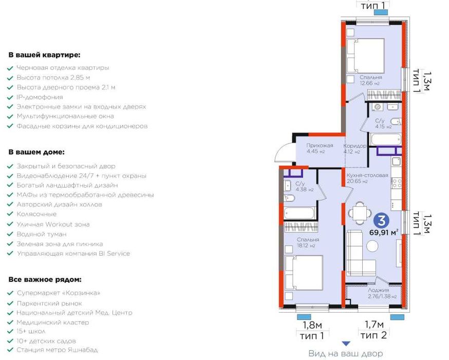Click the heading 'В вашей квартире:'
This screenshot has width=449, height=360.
tap(44, 55)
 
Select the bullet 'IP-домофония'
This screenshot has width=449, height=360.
tap(40, 97)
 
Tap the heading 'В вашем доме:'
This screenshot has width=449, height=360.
tap(36, 152)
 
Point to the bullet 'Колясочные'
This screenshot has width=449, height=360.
tap(36, 214)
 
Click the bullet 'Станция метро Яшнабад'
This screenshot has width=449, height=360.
tap(57, 350)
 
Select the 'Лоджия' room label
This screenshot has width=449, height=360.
tap(376, 291)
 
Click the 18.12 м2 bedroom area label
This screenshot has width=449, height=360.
tap(306, 245)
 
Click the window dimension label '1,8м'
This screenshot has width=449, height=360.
tap(312, 325)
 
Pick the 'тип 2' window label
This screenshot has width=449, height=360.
tap(373, 336)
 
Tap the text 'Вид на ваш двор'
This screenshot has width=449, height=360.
tap(345, 353)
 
